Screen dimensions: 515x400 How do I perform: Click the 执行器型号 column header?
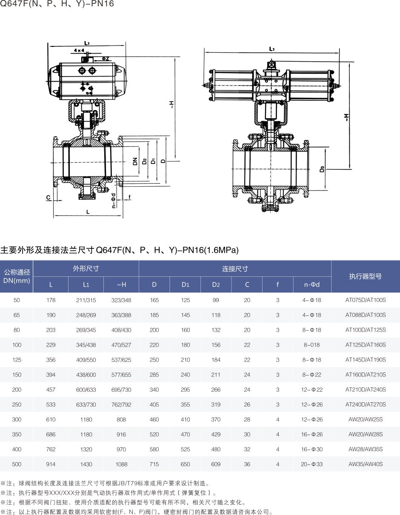[x=365, y=276]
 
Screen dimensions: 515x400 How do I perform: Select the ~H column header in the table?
[x=121, y=285]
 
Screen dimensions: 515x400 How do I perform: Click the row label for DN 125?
[x=17, y=360]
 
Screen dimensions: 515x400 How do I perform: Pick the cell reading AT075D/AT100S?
[x=365, y=300]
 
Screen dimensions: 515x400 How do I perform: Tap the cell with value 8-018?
[x=311, y=345]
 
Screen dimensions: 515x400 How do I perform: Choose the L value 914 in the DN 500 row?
[x=51, y=464]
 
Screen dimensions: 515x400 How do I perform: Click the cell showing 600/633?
[x=86, y=390]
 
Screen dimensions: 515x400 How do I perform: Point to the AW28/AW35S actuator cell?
[x=365, y=450]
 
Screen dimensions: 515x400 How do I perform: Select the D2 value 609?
[x=216, y=464]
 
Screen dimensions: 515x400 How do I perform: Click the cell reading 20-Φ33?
[x=311, y=464]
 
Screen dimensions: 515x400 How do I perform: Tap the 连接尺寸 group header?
[x=235, y=269]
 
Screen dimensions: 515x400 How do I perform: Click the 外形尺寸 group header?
[x=86, y=269]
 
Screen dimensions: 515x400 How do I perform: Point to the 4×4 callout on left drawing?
[x=79, y=50]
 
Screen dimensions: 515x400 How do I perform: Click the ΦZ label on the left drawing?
[x=105, y=58]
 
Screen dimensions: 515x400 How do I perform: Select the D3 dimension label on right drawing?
[x=322, y=169]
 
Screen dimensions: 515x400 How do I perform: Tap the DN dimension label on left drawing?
[x=135, y=161]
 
